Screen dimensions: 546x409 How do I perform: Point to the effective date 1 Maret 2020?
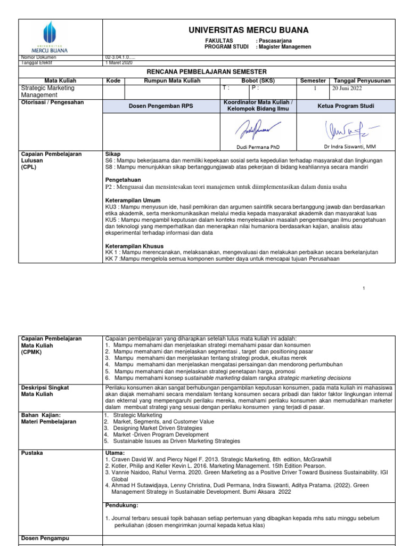[121, 62]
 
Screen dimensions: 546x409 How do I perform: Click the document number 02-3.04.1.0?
[123, 57]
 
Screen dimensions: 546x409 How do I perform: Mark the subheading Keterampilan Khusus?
[135, 246]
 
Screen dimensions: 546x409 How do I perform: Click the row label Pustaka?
[32, 453]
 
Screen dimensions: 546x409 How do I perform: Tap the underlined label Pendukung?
[122, 504]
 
